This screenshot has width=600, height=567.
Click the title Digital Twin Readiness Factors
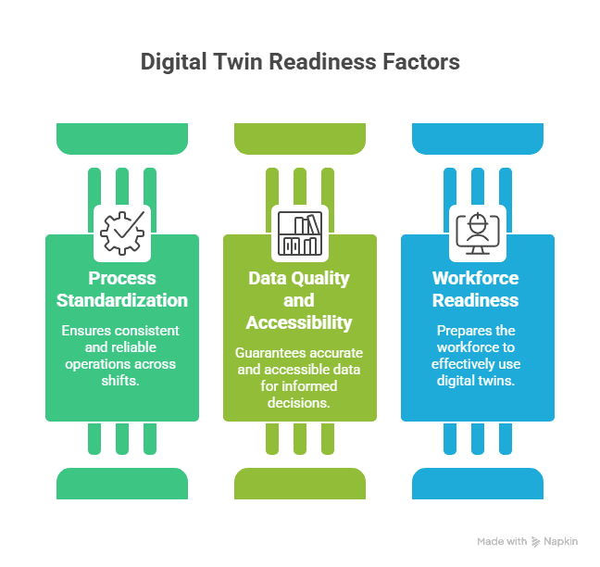[x=300, y=63]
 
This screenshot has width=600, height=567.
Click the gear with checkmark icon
[x=122, y=232]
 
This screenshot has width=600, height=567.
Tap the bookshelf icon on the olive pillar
[x=300, y=232]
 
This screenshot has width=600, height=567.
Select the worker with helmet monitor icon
[x=478, y=232]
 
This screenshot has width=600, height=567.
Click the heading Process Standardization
[x=122, y=289]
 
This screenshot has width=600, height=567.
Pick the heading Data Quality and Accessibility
[x=300, y=300]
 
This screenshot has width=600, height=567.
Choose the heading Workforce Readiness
[x=478, y=289]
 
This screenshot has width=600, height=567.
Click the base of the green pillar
[x=122, y=483]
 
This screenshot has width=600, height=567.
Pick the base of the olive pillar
[x=300, y=483]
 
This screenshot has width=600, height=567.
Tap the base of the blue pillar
[x=478, y=483]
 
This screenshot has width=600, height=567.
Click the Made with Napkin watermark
[x=528, y=540]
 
